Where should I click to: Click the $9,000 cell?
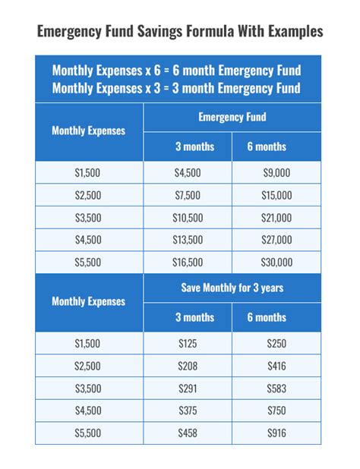[276, 173]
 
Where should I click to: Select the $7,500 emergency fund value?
[188, 195]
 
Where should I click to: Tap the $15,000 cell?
[276, 195]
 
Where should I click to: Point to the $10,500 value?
[188, 218]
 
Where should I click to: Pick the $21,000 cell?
[276, 218]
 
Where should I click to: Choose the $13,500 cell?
[188, 240]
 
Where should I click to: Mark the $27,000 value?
[276, 240]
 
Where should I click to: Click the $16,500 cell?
[188, 263]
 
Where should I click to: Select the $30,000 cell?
[276, 263]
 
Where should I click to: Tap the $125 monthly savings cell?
[188, 344]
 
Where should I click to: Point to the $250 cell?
[276, 344]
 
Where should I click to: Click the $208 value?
[188, 367]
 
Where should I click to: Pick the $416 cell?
[276, 367]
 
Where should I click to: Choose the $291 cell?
[188, 389]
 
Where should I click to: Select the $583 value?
[276, 389]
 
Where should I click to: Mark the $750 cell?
[276, 411]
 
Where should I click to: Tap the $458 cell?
[188, 433]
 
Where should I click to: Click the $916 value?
[276, 433]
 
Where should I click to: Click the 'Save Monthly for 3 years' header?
[232, 288]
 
